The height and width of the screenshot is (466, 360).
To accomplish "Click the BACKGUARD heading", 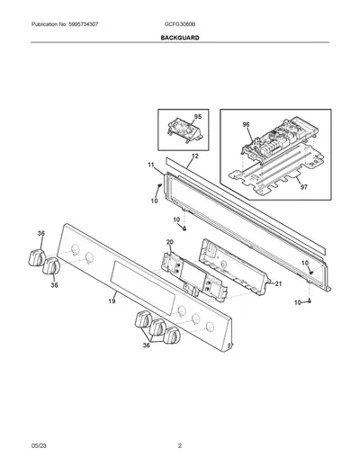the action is pos(180,38).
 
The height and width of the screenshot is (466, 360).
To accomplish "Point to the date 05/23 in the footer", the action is pos(39,446).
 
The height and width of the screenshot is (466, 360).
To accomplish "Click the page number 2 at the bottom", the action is pos(180,446).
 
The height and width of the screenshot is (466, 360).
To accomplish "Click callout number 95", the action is pos(198,117).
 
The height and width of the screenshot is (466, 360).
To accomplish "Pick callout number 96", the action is pos(246,125).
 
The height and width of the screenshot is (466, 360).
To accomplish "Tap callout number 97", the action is pos(304,187).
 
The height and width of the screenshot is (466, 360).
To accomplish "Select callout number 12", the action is pos(195,157).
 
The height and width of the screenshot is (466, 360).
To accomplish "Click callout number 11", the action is pos(151,165).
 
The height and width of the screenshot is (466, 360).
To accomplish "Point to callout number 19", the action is pos(112,300).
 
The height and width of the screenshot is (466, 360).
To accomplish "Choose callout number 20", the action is pos(169,242).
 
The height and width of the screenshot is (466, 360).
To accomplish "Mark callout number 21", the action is pos(278,283).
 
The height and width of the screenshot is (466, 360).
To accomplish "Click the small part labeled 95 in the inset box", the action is pos(184,130).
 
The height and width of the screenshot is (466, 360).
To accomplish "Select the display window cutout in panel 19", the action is pos(143,287).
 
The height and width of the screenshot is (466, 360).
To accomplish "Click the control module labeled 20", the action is pos(194,277).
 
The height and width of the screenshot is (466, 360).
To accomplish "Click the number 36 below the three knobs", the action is pos(146,345).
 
